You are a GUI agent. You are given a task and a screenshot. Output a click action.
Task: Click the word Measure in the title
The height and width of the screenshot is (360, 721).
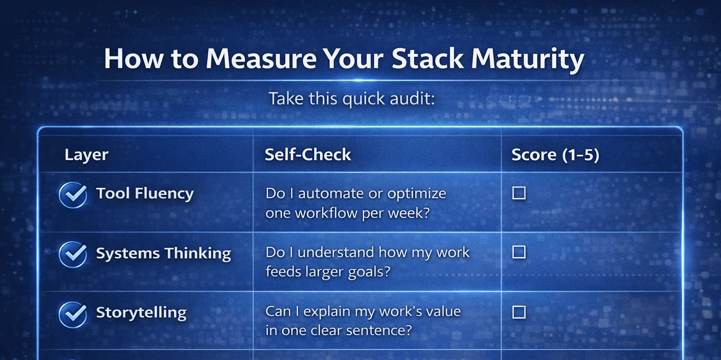[x=261, y=59]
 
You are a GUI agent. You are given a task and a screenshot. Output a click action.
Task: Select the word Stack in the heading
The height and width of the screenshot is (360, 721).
[x=428, y=59]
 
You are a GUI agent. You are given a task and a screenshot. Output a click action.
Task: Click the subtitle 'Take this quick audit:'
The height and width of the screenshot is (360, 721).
[x=352, y=99]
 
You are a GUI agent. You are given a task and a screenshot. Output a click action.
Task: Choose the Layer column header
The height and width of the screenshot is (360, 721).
[x=86, y=155]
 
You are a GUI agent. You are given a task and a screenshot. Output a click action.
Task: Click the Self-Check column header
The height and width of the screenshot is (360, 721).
[x=308, y=154]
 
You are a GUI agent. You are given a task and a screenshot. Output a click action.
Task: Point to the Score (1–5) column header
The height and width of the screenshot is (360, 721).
[x=555, y=155]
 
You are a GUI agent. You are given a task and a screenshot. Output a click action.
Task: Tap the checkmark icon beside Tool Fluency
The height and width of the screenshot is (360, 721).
[x=73, y=195]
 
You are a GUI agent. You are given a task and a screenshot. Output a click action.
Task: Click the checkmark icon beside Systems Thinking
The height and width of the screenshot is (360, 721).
[x=73, y=254]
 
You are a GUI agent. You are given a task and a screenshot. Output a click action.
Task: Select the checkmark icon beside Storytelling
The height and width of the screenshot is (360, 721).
[x=73, y=314]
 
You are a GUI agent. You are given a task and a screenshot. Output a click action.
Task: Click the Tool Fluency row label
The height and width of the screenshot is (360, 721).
[x=145, y=194]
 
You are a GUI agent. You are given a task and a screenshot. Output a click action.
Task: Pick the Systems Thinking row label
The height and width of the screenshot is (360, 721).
[x=163, y=253]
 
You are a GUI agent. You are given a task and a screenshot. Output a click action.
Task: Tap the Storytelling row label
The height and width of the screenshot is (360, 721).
[x=141, y=313]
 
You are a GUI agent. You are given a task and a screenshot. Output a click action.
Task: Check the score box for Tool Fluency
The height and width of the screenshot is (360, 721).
[x=519, y=193]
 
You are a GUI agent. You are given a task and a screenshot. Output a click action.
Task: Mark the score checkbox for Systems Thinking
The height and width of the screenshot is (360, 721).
[x=519, y=252]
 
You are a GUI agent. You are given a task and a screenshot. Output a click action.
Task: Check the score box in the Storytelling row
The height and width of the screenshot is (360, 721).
[x=519, y=312]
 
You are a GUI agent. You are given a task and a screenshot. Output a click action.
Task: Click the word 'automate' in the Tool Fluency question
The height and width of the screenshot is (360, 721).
[x=331, y=194]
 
